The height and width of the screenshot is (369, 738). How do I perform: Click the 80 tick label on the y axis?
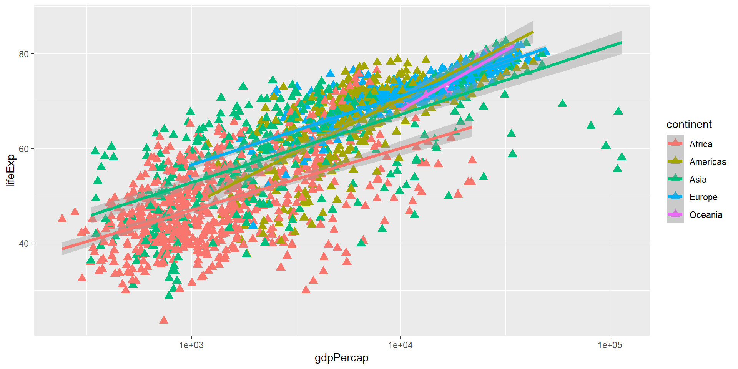point(24,54)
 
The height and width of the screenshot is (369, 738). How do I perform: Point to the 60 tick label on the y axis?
point(24,149)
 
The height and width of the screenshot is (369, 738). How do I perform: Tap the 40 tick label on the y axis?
point(24,243)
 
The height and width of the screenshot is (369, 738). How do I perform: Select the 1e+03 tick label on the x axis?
point(191,345)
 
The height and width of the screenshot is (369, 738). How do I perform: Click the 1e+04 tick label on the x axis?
point(401,345)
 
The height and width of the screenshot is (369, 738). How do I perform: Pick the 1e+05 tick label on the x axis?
point(610,345)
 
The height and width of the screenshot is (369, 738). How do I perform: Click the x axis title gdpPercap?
point(341,358)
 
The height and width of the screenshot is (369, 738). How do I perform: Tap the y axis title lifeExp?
point(11,170)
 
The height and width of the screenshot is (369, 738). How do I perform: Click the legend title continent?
point(689,125)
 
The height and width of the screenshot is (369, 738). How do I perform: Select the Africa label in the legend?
point(701,144)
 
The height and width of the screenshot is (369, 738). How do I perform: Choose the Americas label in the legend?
point(708,162)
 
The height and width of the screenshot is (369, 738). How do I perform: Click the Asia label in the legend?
point(698,180)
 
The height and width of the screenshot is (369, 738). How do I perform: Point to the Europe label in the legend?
point(703,197)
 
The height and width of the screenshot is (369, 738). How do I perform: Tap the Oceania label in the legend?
point(706,215)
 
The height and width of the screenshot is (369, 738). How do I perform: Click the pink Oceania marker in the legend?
point(675,214)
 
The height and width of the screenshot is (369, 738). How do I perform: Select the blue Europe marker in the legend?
point(675,196)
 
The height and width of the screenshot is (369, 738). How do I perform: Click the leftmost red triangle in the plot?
point(62,219)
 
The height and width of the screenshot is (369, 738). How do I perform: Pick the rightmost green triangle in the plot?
point(622,157)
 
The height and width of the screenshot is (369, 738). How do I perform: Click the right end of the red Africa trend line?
point(472,127)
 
